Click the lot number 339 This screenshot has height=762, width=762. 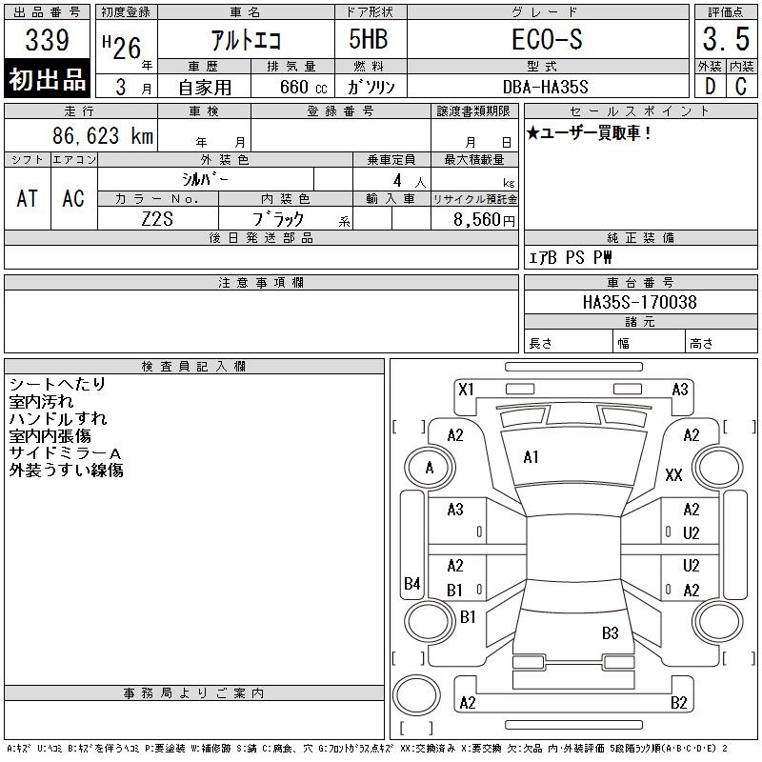[47, 39]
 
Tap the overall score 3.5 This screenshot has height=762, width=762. [726, 39]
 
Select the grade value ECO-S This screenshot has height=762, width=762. [547, 39]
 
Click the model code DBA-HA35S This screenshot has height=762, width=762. [545, 87]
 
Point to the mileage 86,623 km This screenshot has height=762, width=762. [103, 135]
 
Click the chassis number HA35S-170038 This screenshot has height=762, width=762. [639, 302]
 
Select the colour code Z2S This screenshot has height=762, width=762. [157, 219]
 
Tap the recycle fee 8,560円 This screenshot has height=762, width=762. [484, 220]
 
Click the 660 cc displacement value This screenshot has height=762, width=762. [303, 87]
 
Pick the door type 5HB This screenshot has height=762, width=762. [369, 39]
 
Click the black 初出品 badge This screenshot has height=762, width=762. [47, 79]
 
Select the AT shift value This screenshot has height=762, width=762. [28, 198]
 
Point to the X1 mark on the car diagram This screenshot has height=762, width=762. [466, 390]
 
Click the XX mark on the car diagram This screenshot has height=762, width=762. [673, 474]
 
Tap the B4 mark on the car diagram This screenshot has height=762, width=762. [412, 583]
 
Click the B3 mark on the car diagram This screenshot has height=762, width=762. [610, 633]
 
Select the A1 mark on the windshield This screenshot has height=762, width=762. [531, 457]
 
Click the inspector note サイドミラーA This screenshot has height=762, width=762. [65, 453]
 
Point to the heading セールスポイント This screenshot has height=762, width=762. [640, 111]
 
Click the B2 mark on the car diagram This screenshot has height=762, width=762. [678, 703]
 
